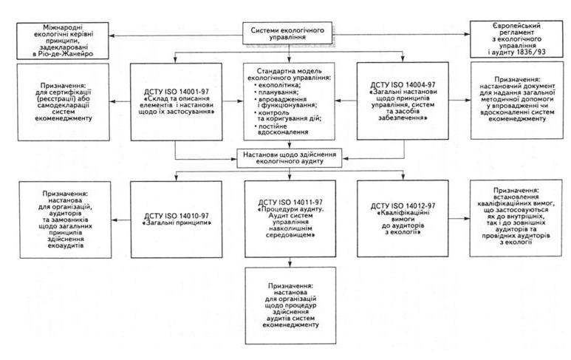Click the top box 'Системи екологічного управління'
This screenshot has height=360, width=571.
pos(287,33)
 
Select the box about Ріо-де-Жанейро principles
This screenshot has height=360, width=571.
pos(63,41)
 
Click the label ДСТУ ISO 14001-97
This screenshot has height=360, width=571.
pos(177,92)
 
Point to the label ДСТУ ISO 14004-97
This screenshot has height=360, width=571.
pos(403,85)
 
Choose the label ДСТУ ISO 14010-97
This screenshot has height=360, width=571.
pos(177,216)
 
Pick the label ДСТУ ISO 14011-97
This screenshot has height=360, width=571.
pos(290,203)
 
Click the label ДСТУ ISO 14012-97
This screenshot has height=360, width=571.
pos(403,206)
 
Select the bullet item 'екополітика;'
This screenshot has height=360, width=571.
pos(277,85)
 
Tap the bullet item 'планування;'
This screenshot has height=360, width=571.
pos(276,92)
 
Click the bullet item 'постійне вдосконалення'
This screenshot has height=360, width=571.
pos(281,129)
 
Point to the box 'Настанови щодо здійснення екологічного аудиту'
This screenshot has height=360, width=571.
pos(290,158)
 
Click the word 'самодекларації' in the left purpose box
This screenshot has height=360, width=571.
pos(64,105)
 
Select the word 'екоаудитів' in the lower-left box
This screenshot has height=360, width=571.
pos(66,245)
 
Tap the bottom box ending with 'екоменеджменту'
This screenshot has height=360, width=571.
pos(290,305)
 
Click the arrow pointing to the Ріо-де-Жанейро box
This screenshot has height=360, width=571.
pos(176,35)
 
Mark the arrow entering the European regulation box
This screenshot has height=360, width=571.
pos(401,34)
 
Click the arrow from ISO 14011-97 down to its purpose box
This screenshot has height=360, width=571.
pos(290,262)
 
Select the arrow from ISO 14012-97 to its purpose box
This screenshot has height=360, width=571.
pos(459,219)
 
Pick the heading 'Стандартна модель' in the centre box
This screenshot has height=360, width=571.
pos(289,71)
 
